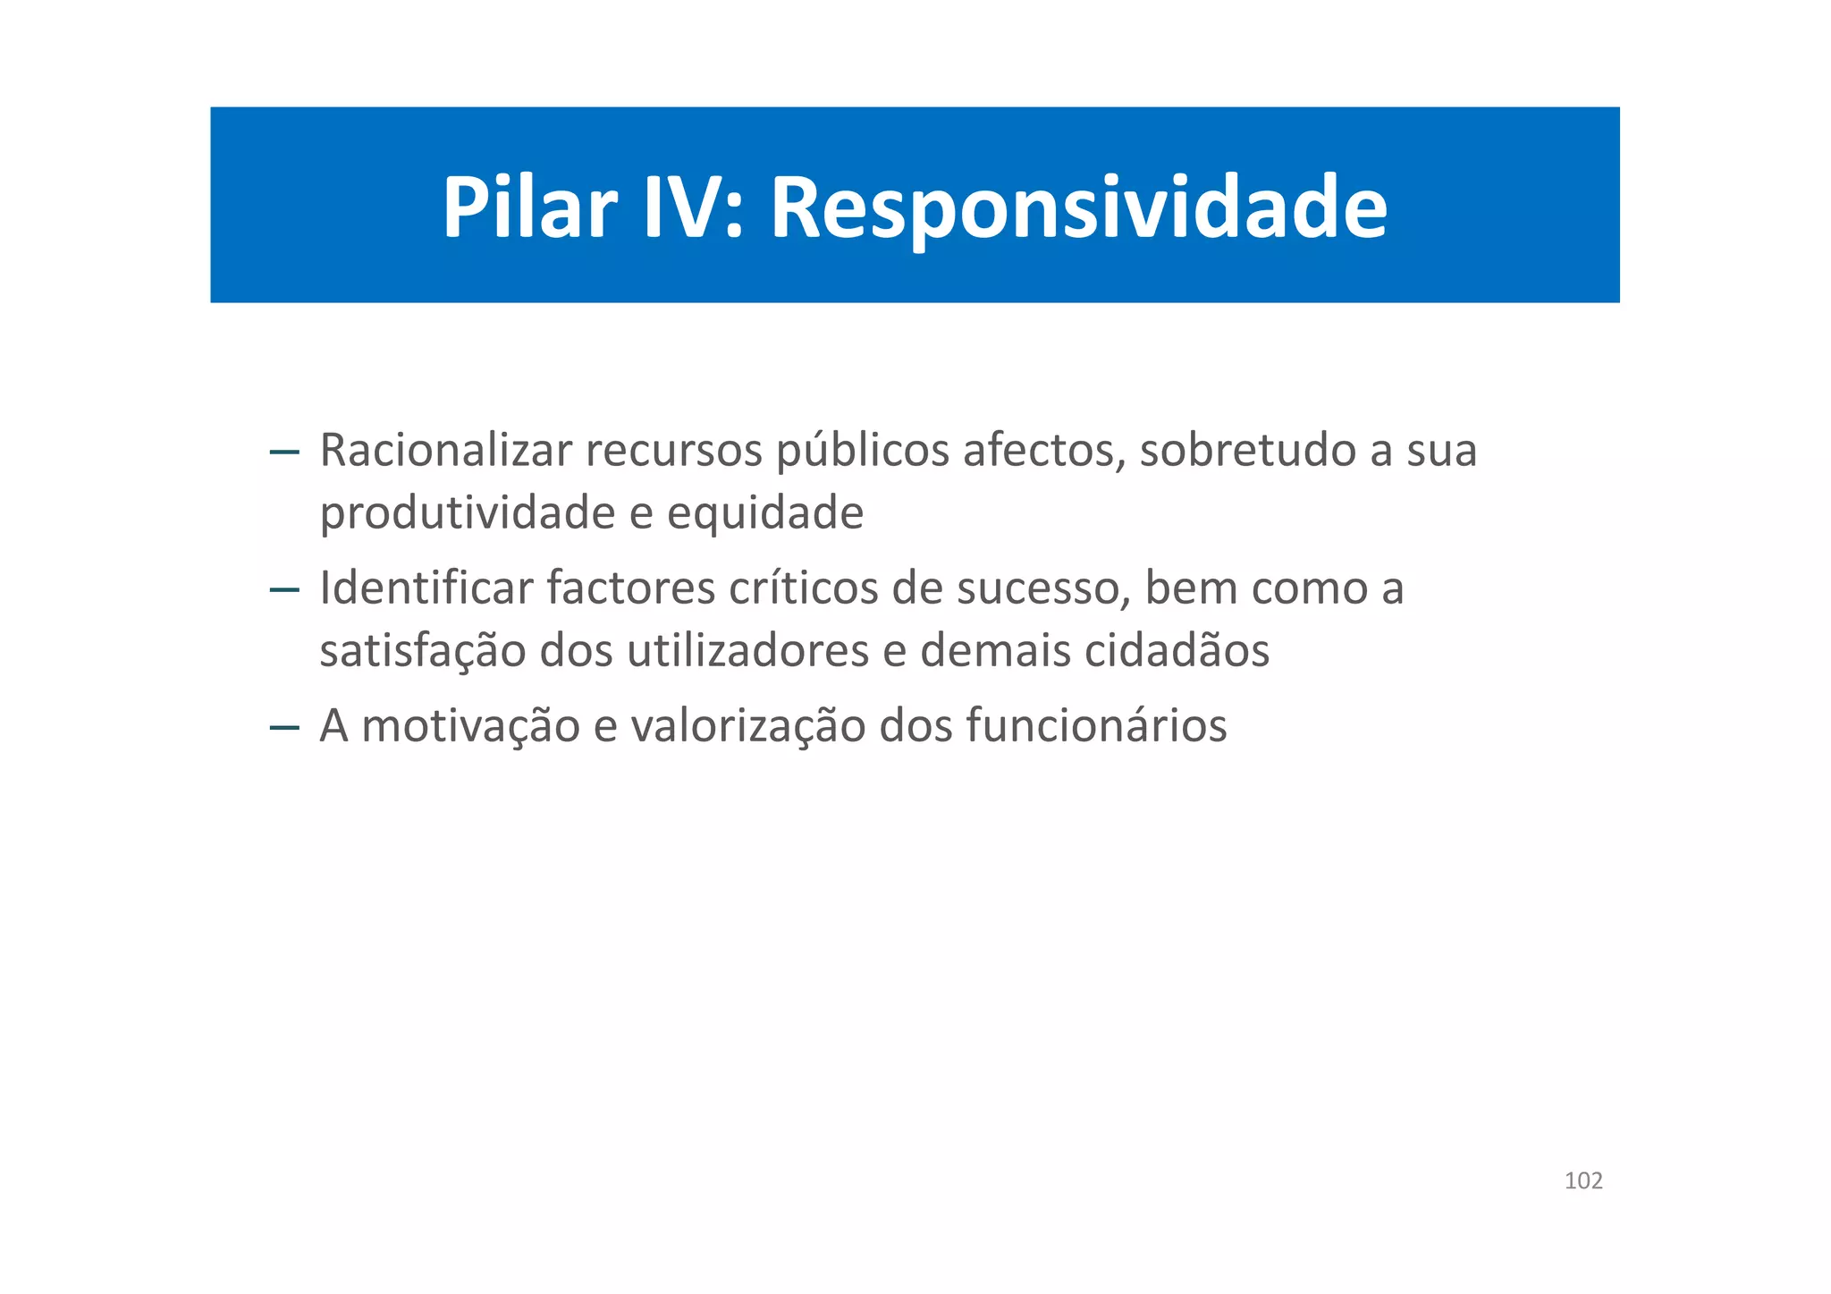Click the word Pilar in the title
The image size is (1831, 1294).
pos(529,207)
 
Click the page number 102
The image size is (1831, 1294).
pos(1583,1181)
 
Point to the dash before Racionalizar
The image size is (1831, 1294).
pos(284,452)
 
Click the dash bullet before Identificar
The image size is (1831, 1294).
pos(284,590)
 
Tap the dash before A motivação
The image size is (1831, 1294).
pos(284,728)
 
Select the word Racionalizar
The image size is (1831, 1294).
pos(445,450)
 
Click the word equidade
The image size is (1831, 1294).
pos(765,514)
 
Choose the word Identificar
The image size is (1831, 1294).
pos(426,588)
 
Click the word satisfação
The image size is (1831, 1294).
pos(423,651)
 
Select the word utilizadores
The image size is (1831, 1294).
pos(747,650)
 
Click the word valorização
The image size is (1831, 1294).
pos(747,726)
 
